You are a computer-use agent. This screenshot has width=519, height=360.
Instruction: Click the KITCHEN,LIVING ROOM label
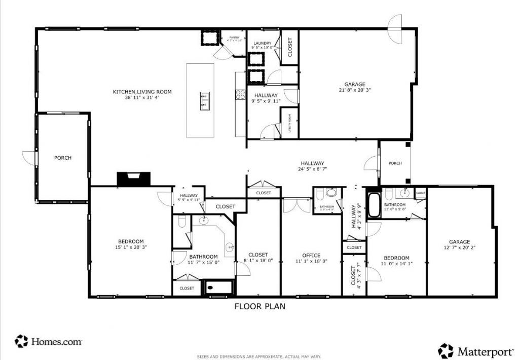[x=142, y=92]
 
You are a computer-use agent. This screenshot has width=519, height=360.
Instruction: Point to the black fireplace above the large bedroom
[x=134, y=179]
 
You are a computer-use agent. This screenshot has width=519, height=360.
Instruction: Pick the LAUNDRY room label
[x=262, y=44]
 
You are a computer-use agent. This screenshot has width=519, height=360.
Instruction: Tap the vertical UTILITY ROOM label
[x=289, y=123]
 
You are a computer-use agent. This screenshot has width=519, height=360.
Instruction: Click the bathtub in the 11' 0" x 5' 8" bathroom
[x=374, y=205]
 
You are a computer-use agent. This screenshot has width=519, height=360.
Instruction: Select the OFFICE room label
[x=311, y=255]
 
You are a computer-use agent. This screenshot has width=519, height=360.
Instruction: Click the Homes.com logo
[x=49, y=342]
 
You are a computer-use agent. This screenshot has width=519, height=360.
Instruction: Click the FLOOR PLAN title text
[x=259, y=306]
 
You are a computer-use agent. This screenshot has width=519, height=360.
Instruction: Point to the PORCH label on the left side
[x=63, y=158]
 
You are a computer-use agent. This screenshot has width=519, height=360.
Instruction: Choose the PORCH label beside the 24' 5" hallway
[x=395, y=163]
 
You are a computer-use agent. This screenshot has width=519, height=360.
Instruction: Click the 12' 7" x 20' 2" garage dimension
[x=459, y=248]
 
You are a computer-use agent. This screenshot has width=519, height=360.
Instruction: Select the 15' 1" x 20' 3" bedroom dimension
[x=131, y=247]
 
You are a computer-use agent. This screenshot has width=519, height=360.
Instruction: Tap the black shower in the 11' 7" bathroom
[x=218, y=287]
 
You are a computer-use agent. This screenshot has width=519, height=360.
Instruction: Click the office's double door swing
[x=296, y=205]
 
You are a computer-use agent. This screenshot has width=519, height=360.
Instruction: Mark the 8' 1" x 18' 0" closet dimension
[x=258, y=261]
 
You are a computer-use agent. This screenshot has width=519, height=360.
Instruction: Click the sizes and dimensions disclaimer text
[x=259, y=356]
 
